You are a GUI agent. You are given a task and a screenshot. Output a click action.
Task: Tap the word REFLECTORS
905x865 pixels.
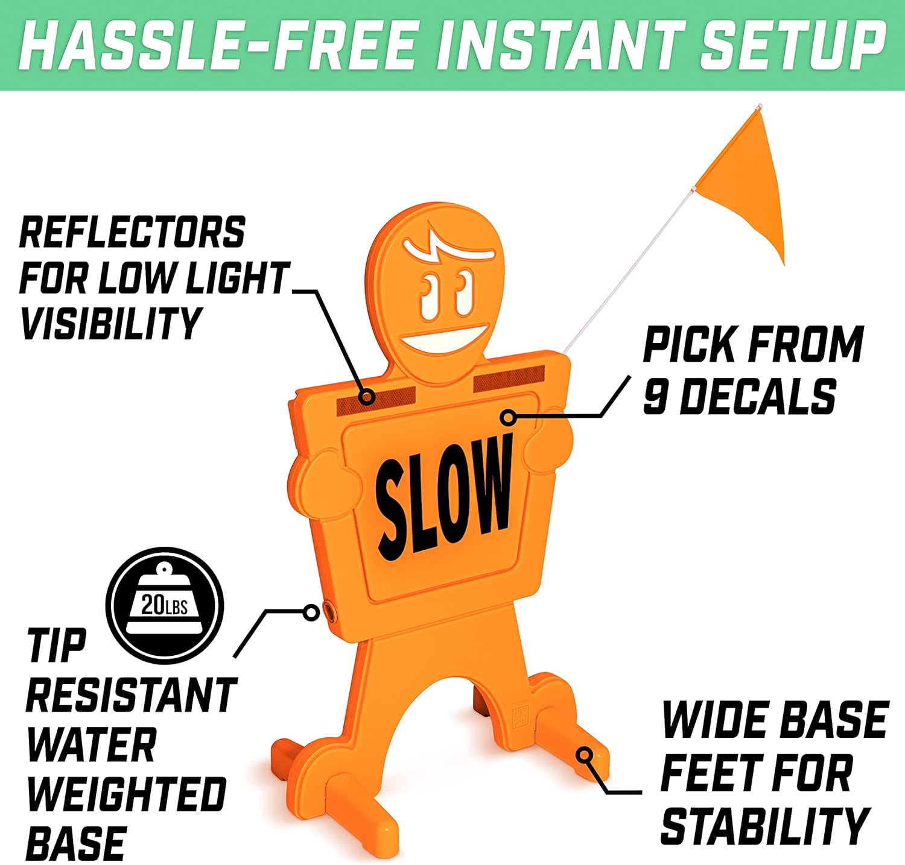tap(133, 233)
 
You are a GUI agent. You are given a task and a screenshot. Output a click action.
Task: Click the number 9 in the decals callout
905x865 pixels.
tap(655, 397)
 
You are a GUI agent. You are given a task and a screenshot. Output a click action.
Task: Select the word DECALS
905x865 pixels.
tap(759, 397)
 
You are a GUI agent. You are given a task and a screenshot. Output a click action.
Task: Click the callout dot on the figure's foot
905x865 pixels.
tap(584, 754)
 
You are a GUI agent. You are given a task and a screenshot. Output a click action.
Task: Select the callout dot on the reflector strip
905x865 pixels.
tap(367, 397)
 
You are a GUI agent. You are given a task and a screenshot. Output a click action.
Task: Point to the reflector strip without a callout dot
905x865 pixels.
tap(509, 379)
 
